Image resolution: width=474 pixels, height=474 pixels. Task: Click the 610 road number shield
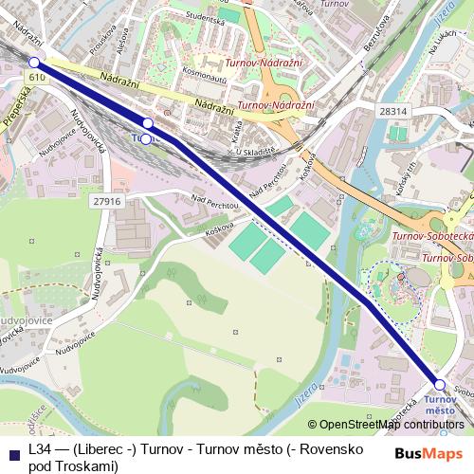coord(36,76)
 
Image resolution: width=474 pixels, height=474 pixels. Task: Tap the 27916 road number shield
coord(108,201)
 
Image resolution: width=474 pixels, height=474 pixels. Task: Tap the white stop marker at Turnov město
coord(439,384)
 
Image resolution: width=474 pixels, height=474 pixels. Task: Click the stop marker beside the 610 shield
coord(35,63)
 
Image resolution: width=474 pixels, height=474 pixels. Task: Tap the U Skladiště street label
coord(255,152)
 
